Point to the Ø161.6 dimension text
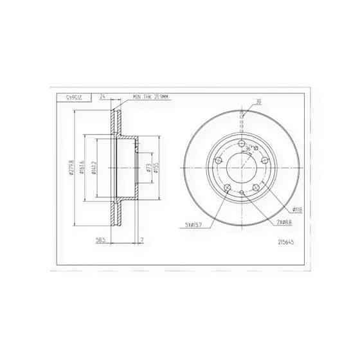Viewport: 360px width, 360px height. click(84, 168)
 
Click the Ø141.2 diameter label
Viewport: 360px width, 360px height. click(94, 168)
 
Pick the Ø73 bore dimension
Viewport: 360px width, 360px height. click(148, 168)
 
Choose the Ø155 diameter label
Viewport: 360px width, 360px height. click(156, 168)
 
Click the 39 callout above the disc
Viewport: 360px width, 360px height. click(258, 101)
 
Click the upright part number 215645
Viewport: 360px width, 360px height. click(286, 242)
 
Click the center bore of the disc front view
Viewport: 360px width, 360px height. click(242, 168)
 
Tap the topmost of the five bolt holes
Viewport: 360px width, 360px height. click(242, 143)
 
